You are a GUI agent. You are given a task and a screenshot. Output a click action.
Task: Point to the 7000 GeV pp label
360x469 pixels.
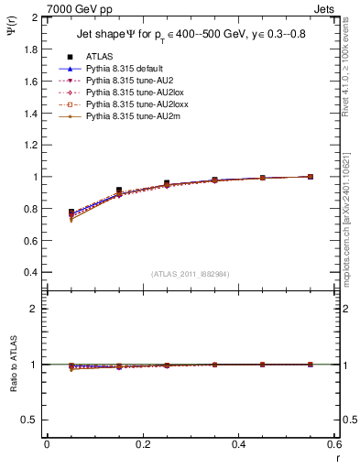(76, 8)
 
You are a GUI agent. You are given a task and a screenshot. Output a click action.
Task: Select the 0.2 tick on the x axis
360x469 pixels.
(143, 444)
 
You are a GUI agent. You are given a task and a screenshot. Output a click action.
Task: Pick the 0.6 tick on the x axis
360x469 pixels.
(333, 444)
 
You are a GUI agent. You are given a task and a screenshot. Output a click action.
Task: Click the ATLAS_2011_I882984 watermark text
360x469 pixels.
(191, 274)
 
